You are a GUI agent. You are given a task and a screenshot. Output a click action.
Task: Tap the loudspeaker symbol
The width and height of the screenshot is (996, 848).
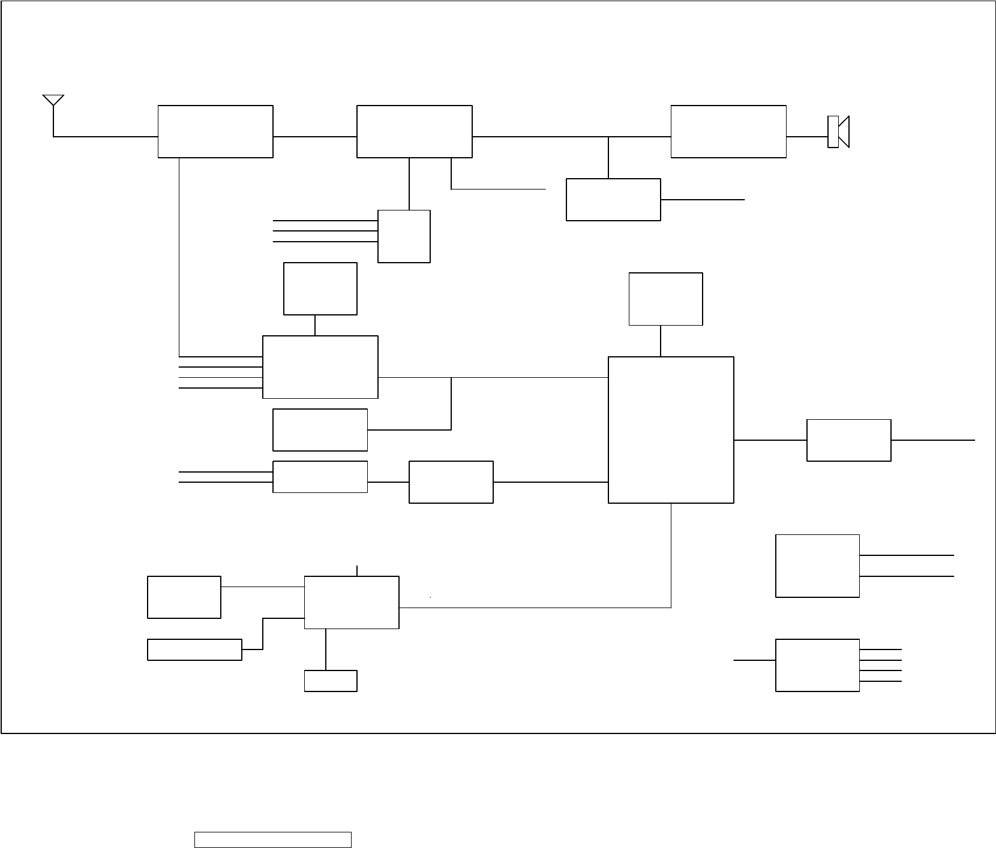(838, 131)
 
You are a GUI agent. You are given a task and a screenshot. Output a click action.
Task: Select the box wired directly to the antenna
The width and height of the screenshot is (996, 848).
(215, 132)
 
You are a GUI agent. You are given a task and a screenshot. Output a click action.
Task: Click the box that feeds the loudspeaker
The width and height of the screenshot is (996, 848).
(728, 132)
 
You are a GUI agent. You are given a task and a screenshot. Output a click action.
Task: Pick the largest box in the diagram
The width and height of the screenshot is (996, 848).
(671, 430)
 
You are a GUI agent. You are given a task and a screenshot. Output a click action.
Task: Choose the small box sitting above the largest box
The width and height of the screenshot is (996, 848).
(665, 299)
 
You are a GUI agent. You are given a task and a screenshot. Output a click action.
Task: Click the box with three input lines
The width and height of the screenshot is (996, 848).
(404, 236)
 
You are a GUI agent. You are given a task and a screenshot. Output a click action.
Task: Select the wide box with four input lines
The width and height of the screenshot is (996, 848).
(320, 367)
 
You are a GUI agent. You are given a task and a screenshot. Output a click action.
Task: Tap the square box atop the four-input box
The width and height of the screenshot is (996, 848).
(320, 288)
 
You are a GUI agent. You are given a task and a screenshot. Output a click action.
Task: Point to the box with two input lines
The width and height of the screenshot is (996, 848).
(320, 477)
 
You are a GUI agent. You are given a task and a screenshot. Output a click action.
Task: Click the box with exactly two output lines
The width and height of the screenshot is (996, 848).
(817, 566)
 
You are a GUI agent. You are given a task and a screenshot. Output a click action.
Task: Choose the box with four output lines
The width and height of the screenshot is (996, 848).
(817, 666)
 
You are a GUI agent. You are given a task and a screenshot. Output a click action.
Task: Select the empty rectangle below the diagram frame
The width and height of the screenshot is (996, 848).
(272, 840)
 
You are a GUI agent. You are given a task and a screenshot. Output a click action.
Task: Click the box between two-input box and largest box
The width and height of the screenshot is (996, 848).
(451, 482)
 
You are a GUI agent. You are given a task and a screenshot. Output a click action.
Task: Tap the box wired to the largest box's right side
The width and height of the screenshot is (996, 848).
(848, 440)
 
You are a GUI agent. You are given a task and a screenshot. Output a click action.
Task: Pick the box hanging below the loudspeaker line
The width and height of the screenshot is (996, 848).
(613, 200)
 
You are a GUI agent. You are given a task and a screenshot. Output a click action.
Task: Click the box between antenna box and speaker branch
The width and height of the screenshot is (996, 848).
(415, 132)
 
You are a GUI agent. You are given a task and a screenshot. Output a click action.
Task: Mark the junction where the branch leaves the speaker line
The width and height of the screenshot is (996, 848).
(608, 137)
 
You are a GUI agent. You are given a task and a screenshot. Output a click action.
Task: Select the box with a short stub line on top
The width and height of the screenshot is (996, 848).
(352, 603)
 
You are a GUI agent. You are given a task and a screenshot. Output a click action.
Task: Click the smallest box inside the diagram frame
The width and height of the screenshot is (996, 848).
(331, 681)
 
